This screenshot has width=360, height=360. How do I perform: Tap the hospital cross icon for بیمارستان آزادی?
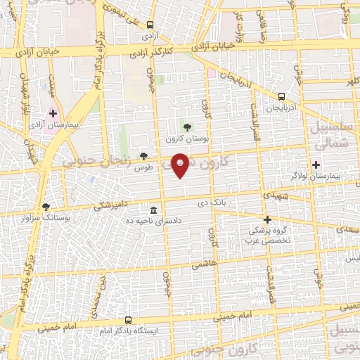(x=53, y=112)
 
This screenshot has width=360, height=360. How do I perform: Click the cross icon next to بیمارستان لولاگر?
(x=316, y=166)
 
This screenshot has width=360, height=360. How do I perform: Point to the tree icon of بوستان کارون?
(x=187, y=127)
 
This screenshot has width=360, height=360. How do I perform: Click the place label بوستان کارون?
(x=184, y=139)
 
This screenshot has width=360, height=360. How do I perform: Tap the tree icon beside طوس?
(x=144, y=156)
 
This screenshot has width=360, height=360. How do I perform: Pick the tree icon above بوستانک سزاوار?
(x=46, y=207)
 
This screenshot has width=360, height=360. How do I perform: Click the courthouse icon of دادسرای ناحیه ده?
(x=153, y=210)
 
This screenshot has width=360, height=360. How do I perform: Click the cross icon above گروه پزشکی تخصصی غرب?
(x=268, y=219)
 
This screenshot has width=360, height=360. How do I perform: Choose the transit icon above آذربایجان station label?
(x=281, y=97)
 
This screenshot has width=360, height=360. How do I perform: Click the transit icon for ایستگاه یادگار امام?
(x=128, y=318)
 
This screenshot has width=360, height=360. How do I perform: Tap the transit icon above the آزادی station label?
(x=149, y=23)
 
